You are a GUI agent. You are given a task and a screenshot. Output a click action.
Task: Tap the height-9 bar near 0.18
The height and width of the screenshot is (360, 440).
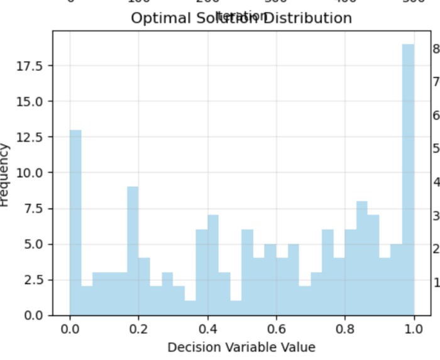tap(133, 251)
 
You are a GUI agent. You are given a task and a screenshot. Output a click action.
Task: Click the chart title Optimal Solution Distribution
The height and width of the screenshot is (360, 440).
tap(241, 18)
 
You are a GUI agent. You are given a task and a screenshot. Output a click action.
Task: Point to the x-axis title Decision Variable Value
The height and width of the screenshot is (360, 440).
tap(241, 347)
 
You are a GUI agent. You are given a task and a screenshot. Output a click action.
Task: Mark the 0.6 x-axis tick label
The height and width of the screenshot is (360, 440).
tap(277, 329)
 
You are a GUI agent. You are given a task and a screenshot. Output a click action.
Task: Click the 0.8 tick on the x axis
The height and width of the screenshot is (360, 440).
tap(345, 329)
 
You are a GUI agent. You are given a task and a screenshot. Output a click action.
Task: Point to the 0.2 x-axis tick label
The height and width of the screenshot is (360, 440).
tap(138, 329)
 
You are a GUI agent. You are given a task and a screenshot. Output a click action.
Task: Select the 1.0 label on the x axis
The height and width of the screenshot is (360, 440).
tap(414, 329)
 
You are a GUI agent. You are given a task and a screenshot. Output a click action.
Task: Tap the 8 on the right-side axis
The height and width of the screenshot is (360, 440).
tap(436, 48)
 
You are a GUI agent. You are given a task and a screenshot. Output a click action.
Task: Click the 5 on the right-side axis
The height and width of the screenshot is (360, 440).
tap(436, 148)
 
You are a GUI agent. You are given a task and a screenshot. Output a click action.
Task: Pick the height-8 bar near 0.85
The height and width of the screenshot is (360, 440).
tap(361, 258)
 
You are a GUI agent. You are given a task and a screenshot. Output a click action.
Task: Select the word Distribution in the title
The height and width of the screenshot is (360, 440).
tap(307, 18)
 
